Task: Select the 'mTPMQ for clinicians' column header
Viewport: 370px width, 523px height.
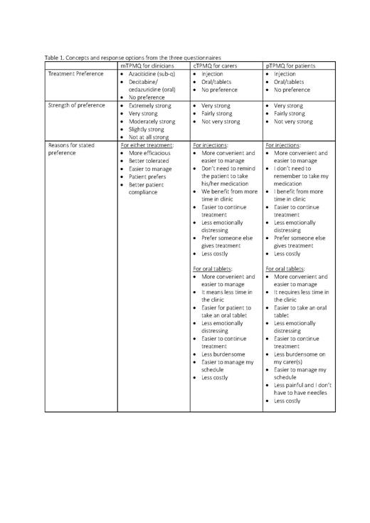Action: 147,65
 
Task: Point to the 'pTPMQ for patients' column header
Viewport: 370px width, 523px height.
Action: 290,65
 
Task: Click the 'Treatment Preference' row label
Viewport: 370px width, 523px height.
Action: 76,73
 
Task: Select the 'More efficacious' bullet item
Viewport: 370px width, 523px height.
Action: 149,153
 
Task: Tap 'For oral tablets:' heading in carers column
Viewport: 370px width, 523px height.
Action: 213,269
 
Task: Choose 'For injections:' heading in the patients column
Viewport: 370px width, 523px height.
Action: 282,145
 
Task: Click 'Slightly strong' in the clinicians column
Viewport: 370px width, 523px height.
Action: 148,130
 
